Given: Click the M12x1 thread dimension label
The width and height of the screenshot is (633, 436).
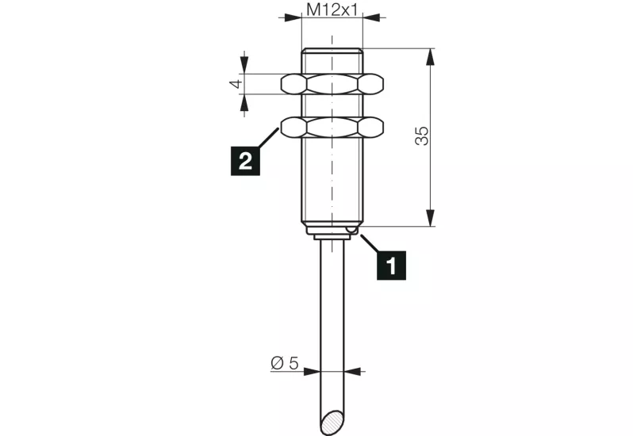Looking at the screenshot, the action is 332,10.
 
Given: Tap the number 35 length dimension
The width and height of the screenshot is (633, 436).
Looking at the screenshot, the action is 422,136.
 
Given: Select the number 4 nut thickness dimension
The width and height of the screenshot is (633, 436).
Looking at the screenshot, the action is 236,84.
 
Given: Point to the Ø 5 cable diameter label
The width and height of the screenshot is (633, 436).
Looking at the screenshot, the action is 285,363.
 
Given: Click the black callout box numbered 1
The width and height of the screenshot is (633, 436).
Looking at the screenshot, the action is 392,266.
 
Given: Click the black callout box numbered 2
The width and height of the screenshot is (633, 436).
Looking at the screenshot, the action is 245,161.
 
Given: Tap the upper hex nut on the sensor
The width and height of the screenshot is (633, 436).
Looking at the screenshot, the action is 332,84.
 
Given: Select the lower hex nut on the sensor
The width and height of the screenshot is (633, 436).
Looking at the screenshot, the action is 332,128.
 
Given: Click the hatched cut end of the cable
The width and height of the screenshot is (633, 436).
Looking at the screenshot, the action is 333,423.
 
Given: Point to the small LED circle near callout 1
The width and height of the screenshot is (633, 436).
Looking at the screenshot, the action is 351,230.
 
